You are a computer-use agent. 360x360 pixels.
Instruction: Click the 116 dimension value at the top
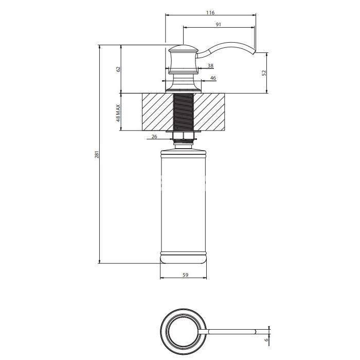[210, 12]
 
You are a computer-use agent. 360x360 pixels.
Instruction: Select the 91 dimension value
[219, 24]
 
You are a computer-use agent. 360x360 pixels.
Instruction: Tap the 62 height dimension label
[118, 69]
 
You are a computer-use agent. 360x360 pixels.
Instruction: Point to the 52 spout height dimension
[264, 73]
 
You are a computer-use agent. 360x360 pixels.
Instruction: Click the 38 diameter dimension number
[210, 65]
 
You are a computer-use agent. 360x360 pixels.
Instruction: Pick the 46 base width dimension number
[213, 78]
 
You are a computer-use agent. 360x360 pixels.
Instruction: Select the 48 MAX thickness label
[118, 112]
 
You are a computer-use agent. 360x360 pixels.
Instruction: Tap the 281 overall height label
[96, 154]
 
